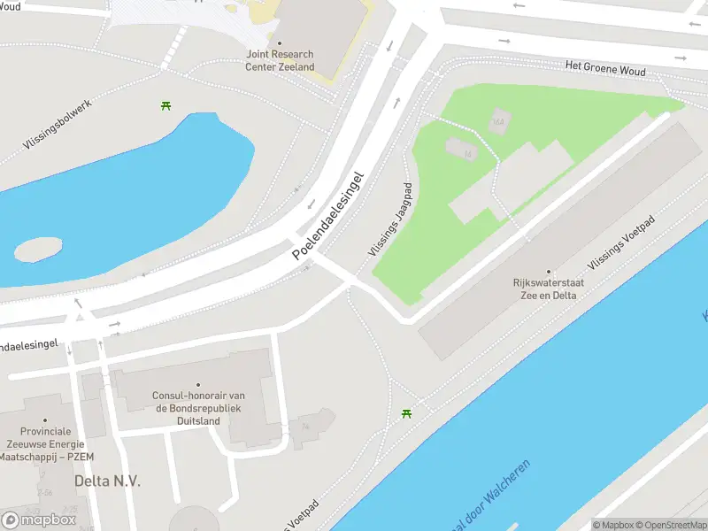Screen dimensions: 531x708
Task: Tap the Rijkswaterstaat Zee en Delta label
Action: click(548, 289)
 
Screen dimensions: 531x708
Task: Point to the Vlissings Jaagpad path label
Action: click(390, 220)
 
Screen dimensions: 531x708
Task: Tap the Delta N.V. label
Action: click(107, 481)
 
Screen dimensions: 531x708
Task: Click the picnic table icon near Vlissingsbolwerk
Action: click(165, 106)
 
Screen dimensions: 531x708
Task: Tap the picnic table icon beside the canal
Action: click(406, 413)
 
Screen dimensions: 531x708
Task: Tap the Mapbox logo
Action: click(39, 519)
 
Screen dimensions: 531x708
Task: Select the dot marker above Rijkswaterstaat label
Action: click(548, 272)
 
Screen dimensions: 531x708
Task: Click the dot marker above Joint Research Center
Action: click(280, 42)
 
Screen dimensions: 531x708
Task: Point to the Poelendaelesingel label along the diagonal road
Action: click(327, 215)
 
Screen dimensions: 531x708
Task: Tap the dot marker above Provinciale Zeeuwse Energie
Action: click(47, 421)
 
